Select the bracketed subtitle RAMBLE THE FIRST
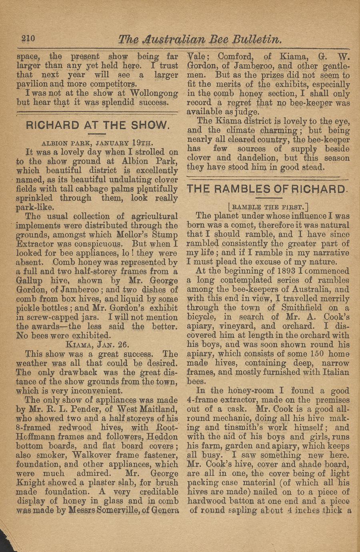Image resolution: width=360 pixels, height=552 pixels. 268,207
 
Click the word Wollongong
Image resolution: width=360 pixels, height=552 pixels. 154,93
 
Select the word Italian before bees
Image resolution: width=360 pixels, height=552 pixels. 331,372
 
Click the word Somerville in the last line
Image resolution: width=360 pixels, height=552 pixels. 104,510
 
